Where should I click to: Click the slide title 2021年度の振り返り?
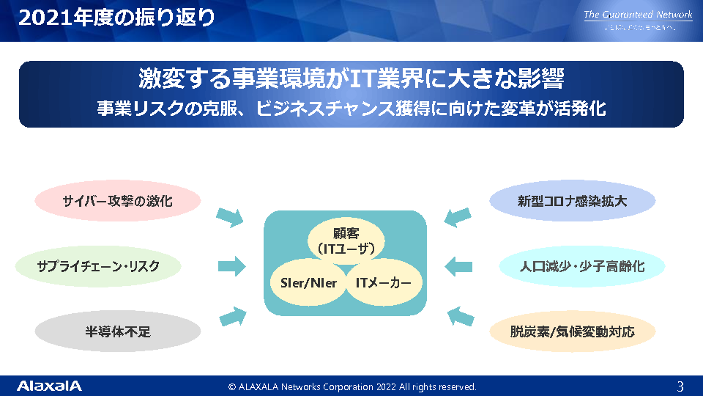(x=117, y=18)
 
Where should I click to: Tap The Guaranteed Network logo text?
(x=638, y=15)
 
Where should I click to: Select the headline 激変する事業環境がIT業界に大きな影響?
(x=351, y=78)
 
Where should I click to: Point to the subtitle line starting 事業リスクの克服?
(x=351, y=109)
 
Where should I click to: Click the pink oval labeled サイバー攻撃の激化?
(x=117, y=200)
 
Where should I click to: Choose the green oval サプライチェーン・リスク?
(x=98, y=265)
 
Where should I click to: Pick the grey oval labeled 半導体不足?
(x=117, y=331)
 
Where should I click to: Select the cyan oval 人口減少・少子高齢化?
(x=582, y=265)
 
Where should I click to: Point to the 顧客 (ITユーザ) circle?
(x=345, y=241)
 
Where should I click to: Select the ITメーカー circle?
(x=383, y=283)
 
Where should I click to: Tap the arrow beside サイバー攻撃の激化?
(x=230, y=216)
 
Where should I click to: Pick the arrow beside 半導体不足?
(x=231, y=315)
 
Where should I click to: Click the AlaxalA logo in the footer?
(x=49, y=386)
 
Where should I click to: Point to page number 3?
(x=680, y=386)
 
